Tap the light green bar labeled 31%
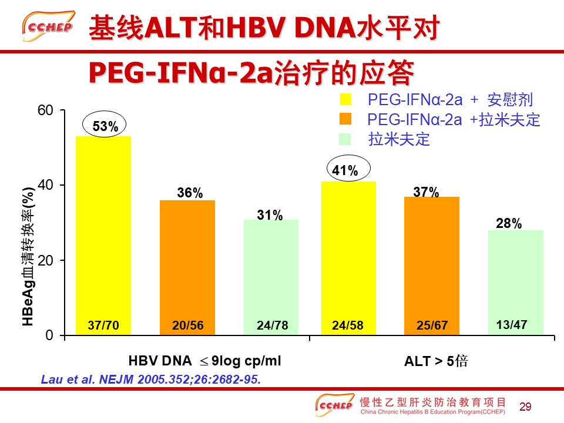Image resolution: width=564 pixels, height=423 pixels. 271,270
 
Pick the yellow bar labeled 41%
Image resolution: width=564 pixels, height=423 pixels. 348,253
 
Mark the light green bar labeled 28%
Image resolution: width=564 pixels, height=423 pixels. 516,276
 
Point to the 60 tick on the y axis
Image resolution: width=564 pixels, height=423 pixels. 45,110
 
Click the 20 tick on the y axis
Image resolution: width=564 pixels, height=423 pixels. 45,260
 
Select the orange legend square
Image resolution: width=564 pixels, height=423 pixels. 345,119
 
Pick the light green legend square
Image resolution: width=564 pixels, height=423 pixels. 345,139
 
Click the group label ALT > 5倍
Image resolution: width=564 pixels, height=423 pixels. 436,361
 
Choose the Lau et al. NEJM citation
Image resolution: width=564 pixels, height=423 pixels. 150,380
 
